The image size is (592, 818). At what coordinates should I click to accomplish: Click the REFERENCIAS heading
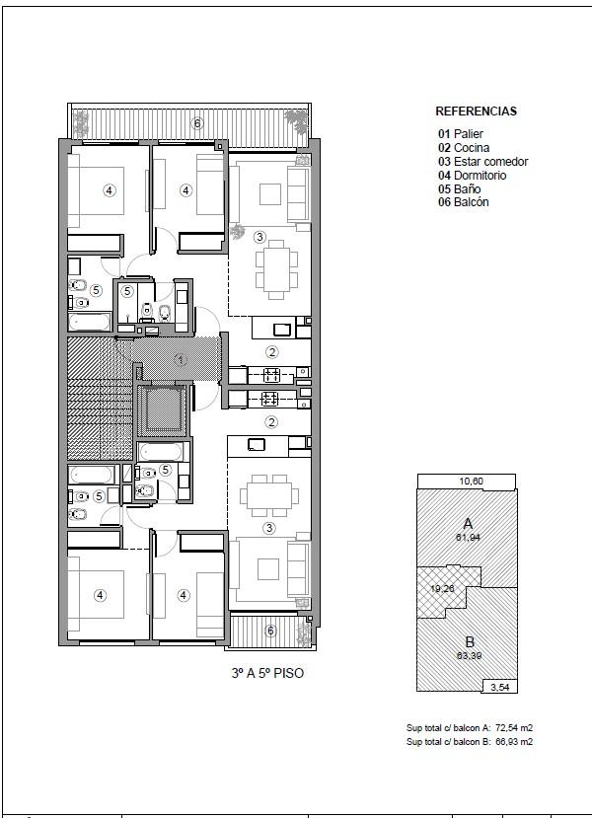(476, 112)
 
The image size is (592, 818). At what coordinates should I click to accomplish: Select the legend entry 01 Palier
(461, 134)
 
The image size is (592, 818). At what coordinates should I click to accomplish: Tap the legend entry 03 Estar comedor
(483, 162)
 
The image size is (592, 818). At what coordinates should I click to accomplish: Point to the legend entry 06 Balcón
(463, 202)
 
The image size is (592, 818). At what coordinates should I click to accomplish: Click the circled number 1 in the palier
(180, 359)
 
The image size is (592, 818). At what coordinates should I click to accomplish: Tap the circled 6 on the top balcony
(196, 123)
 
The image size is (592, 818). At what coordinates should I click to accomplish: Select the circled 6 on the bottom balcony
(270, 631)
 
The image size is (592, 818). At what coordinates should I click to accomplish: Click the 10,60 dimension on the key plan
(471, 481)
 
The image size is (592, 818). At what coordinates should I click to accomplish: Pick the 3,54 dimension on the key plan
(499, 687)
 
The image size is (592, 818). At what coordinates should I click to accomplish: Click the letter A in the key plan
(468, 524)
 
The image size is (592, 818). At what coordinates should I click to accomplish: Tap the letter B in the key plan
(470, 642)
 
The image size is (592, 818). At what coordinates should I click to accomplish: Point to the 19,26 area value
(442, 589)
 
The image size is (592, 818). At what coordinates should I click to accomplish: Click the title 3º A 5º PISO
(267, 673)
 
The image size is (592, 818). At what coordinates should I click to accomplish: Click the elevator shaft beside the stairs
(162, 410)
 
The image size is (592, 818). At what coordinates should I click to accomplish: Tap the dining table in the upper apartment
(276, 269)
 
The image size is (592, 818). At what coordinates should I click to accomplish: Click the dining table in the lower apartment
(269, 495)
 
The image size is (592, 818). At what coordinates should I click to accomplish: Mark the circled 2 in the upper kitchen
(271, 352)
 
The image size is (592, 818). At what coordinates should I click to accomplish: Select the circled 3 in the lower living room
(269, 528)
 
